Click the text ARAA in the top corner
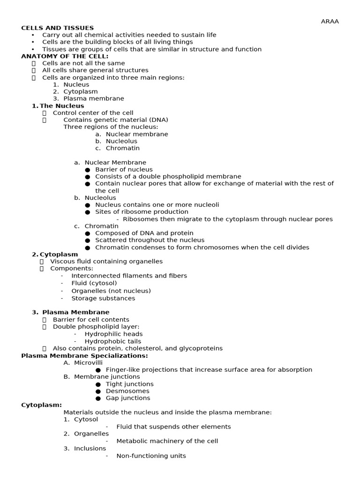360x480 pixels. pos(330,21)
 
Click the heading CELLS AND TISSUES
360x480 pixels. pos(57,28)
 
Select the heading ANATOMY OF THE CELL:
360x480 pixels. pos(65,56)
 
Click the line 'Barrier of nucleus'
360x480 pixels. pos(124,170)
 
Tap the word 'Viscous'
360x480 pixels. pos(62,262)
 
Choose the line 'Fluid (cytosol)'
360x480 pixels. pos(94,283)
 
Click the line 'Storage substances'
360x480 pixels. pos(103,298)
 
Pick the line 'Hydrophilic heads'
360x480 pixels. pos(113,334)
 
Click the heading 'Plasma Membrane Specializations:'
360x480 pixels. pos(78,356)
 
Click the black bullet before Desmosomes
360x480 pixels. pos(98,391)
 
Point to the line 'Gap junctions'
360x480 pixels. pos(128,398)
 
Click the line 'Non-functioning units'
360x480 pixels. pos(151,456)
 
